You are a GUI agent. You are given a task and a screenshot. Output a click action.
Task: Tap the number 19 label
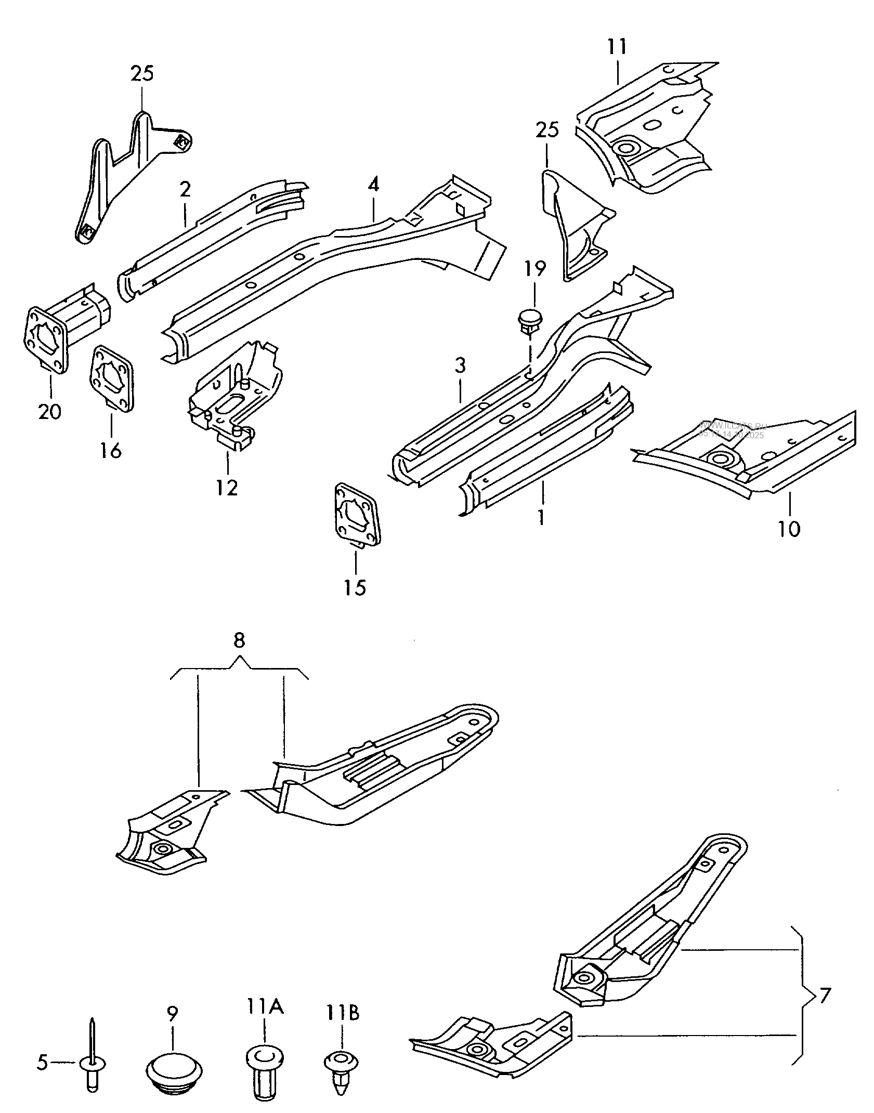[535, 269]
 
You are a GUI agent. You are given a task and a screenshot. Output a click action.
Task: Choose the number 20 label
[50, 412]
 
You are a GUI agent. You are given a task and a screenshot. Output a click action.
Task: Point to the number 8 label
[239, 641]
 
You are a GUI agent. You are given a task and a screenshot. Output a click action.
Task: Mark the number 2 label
[186, 190]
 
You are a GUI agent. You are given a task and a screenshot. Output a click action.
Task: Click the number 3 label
[460, 365]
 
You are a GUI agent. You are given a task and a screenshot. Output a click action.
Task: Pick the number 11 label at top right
[617, 47]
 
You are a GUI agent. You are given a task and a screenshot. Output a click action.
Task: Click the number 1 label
[542, 518]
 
